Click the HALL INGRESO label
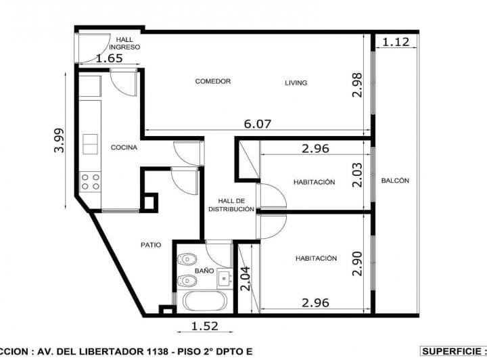pos(128,43)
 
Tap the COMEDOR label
pos(213,81)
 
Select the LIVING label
pos(296,83)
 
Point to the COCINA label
pos(124,147)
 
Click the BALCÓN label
pos(395,181)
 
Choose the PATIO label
pos(151,245)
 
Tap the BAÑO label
pos(204,271)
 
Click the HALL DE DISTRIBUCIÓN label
pos(231,205)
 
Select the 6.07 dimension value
pos(257,124)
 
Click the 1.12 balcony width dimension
pos(396,42)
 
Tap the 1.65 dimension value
pos(109,59)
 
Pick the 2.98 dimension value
pos(358,85)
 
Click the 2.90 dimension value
pos(358,263)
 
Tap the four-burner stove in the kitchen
pos(91,181)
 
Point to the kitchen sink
pos(90,144)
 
